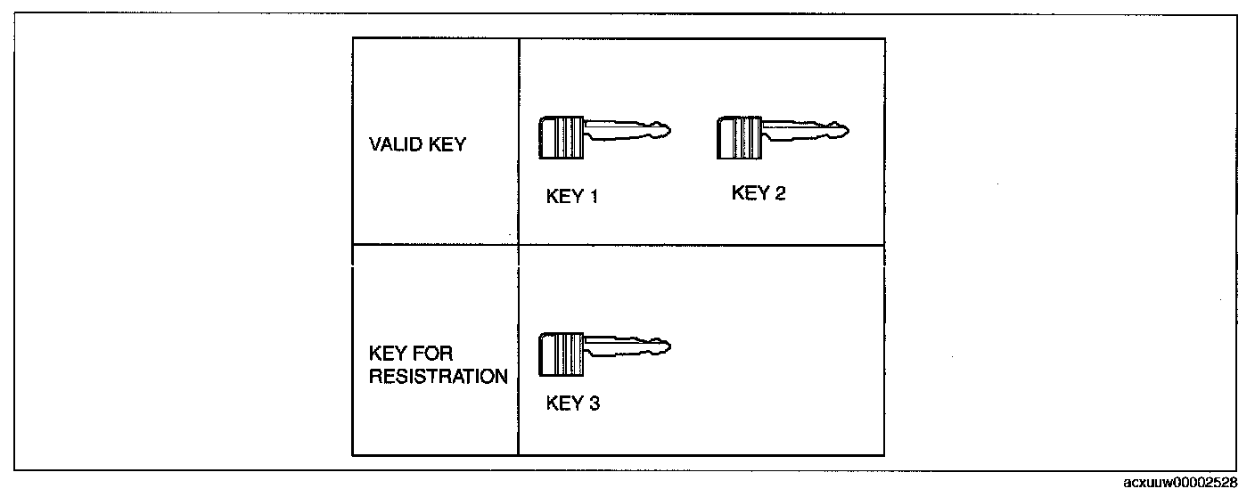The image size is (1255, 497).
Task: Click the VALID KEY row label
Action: pyautogui.click(x=417, y=144)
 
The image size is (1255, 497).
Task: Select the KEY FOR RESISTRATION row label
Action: pyautogui.click(x=438, y=365)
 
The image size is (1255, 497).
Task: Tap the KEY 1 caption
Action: pyautogui.click(x=571, y=197)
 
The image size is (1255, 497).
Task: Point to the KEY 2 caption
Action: pyautogui.click(x=759, y=193)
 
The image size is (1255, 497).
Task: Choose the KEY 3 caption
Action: pyautogui.click(x=572, y=403)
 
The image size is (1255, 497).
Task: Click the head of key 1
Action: pyautogui.click(x=561, y=138)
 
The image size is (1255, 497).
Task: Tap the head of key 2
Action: pyautogui.click(x=739, y=138)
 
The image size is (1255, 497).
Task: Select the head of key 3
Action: pyautogui.click(x=561, y=354)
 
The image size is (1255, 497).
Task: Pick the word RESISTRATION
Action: pyautogui.click(x=438, y=377)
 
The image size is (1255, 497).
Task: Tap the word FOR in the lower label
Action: pyautogui.click(x=433, y=354)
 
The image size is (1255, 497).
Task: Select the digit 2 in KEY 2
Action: pyautogui.click(x=780, y=193)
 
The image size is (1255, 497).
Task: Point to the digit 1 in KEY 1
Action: pyautogui.click(x=593, y=197)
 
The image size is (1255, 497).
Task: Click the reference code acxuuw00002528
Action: pyautogui.click(x=1181, y=484)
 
